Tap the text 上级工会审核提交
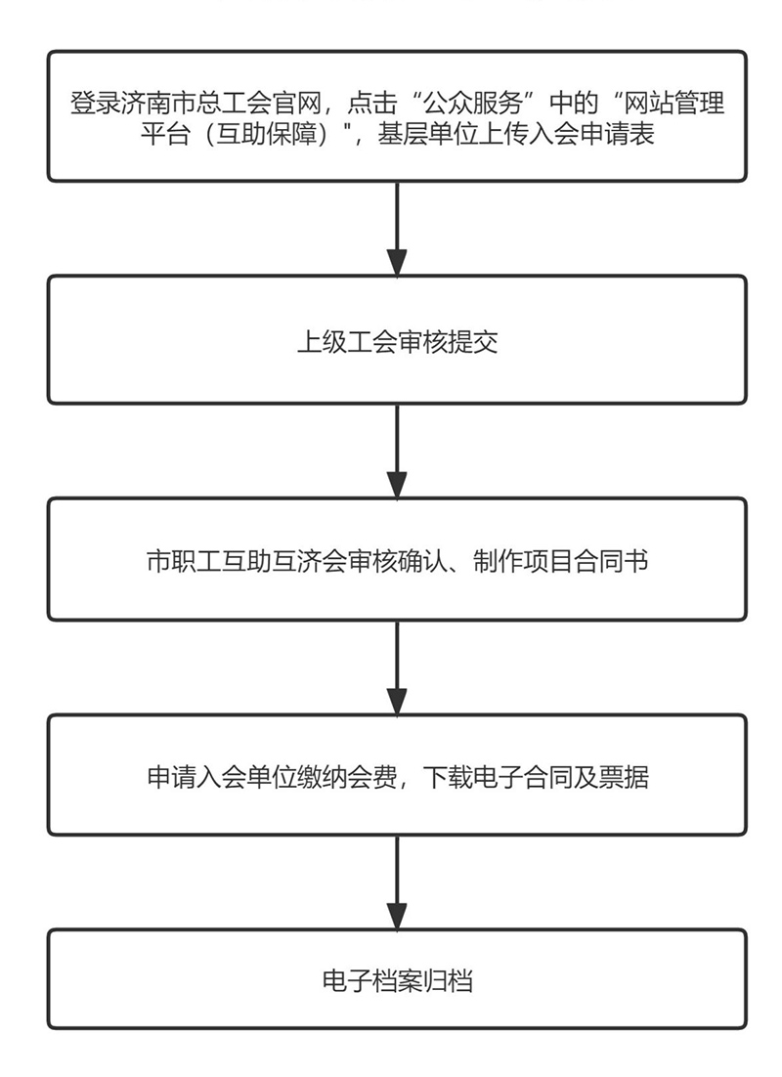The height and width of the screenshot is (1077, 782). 397,342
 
